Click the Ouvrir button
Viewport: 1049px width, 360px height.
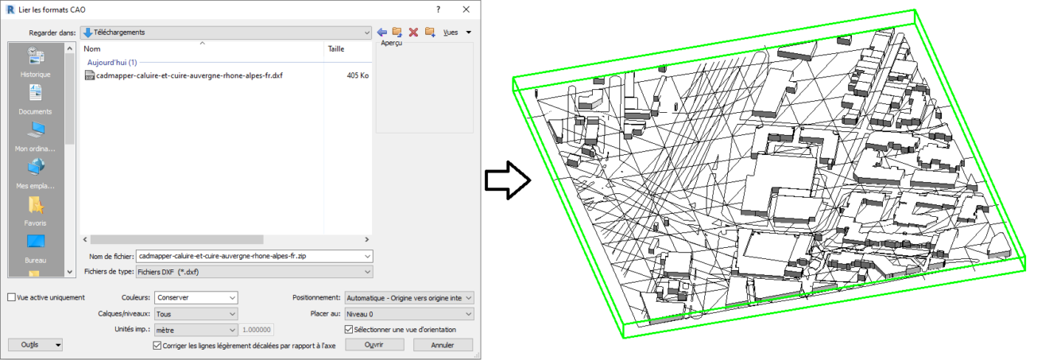[374, 345]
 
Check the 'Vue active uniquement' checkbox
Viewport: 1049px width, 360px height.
[11, 298]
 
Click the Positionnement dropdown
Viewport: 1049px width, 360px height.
[408, 297]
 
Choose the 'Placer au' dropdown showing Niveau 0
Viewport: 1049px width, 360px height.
[408, 314]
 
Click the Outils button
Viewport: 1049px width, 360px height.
[35, 345]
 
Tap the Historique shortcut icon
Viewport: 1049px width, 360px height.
[36, 56]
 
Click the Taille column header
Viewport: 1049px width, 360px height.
[336, 48]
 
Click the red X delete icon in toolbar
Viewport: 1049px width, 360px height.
[413, 32]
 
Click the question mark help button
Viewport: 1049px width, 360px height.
[438, 8]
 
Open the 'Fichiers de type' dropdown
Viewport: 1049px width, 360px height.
[254, 272]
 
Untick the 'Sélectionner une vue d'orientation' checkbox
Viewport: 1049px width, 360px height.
[348, 330]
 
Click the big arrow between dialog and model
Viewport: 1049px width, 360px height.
[507, 181]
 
